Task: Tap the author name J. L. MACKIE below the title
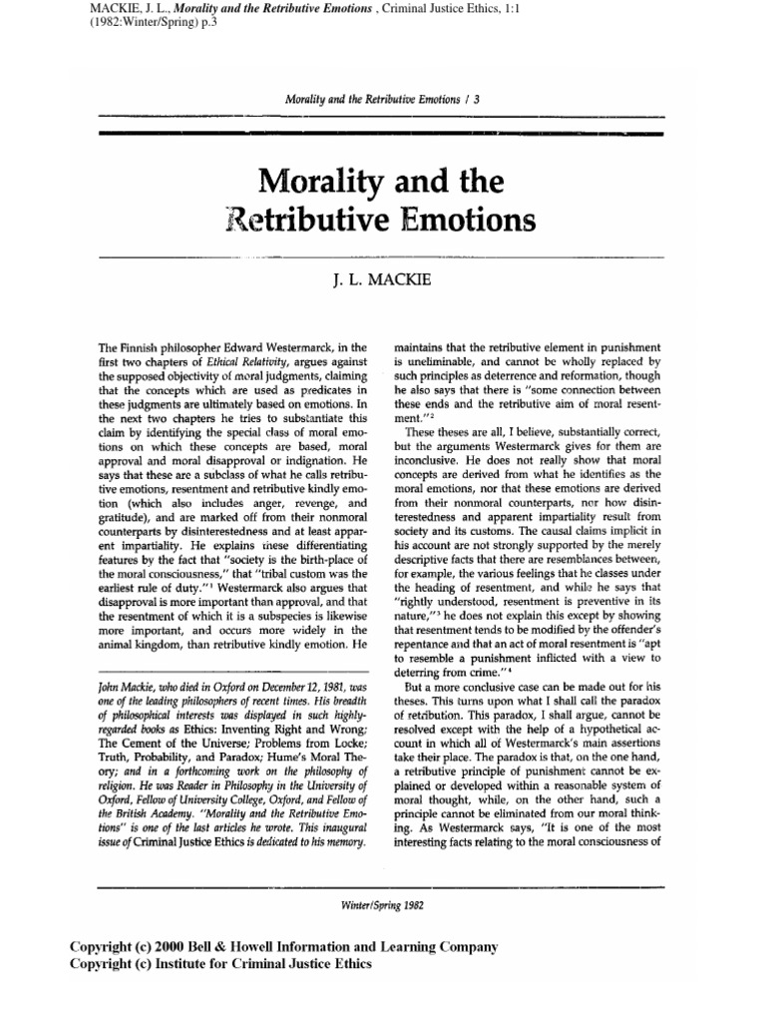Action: tap(382, 282)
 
